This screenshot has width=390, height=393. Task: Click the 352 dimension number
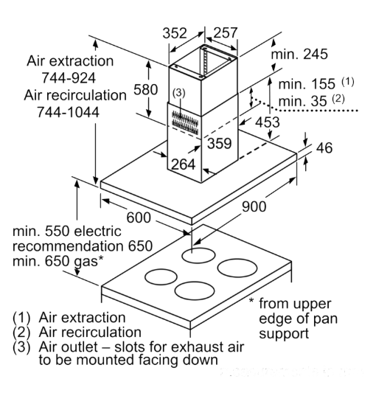[175, 33]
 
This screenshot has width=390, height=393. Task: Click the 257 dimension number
[226, 33]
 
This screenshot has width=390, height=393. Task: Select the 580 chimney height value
[146, 89]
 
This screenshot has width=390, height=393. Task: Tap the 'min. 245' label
[299, 54]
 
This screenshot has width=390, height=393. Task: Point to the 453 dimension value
[268, 122]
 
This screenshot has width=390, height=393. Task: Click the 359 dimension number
[219, 144]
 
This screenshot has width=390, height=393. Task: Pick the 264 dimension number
[184, 164]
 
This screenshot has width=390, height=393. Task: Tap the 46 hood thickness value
[324, 147]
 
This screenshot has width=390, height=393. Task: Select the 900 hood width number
[254, 206]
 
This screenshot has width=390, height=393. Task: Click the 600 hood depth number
[139, 218]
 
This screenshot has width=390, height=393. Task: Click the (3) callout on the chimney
[178, 93]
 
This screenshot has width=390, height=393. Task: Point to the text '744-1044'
[68, 112]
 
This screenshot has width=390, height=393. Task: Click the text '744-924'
[69, 78]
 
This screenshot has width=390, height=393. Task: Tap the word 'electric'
[98, 231]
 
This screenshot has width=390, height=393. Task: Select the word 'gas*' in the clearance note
[89, 261]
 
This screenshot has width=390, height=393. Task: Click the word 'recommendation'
[68, 246]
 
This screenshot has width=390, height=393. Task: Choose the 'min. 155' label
[307, 84]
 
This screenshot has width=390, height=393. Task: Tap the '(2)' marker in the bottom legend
[21, 333]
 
